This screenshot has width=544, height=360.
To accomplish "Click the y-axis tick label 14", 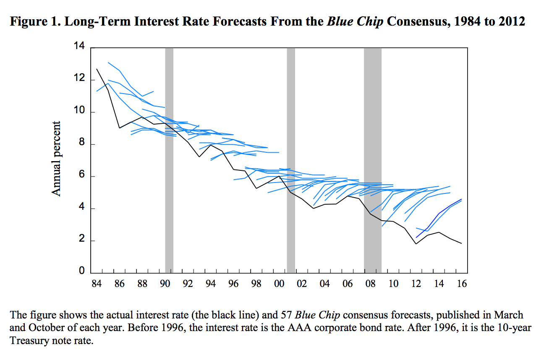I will pyautogui.click(x=79, y=47).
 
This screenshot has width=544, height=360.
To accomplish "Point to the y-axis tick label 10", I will pyautogui.click(x=79, y=112).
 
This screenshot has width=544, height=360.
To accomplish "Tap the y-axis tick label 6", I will pyautogui.click(x=81, y=176).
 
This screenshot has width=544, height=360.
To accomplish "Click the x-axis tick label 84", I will pyautogui.click(x=97, y=284).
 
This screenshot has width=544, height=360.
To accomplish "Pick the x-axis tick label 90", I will pyautogui.click(x=165, y=284).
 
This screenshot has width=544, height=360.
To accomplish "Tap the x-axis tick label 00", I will pyautogui.click(x=279, y=284).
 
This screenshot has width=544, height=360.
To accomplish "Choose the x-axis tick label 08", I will pyautogui.click(x=370, y=284).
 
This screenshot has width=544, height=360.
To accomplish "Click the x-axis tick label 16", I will pyautogui.click(x=462, y=284).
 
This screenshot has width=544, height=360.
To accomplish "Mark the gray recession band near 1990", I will pyautogui.click(x=169, y=159).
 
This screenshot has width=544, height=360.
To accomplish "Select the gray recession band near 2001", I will pyautogui.click(x=291, y=159).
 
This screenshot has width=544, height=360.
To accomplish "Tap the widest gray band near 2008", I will pyautogui.click(x=373, y=159).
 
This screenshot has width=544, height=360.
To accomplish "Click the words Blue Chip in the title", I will pyautogui.click(x=355, y=21).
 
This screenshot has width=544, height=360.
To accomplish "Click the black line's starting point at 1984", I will pyautogui.click(x=97, y=69).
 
